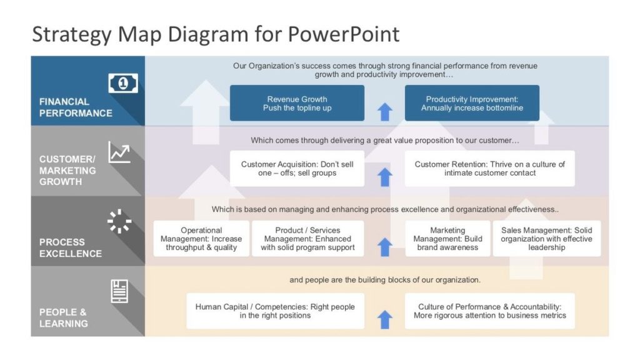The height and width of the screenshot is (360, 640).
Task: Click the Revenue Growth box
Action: point(297,103)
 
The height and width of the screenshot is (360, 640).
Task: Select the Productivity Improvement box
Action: point(472,103)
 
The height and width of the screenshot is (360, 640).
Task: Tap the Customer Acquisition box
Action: point(297,168)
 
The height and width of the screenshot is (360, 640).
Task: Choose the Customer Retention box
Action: point(489,168)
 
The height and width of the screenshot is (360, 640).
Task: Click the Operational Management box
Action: point(201,239)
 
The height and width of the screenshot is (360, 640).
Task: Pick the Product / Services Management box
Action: point(307,239)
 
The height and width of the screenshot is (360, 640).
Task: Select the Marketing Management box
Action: point(447,239)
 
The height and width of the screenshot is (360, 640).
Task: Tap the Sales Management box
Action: point(546,239)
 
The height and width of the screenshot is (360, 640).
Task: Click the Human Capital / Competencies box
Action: point(275,311)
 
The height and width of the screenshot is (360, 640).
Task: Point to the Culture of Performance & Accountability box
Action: point(489,311)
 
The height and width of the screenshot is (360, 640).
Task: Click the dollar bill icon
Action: point(123,83)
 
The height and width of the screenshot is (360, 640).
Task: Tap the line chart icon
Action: point(119,152)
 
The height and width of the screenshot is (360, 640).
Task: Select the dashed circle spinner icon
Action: point(119,221)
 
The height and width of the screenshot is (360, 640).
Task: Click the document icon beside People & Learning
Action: point(119,291)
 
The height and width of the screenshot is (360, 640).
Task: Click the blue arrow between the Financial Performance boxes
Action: point(385,112)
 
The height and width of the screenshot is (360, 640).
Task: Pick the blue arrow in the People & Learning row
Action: point(385,319)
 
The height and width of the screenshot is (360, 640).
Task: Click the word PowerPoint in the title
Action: point(343,34)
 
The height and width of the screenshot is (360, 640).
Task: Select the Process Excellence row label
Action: point(71,247)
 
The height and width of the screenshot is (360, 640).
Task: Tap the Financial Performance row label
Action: point(76,107)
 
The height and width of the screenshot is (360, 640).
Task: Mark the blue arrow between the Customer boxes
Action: point(385,177)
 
